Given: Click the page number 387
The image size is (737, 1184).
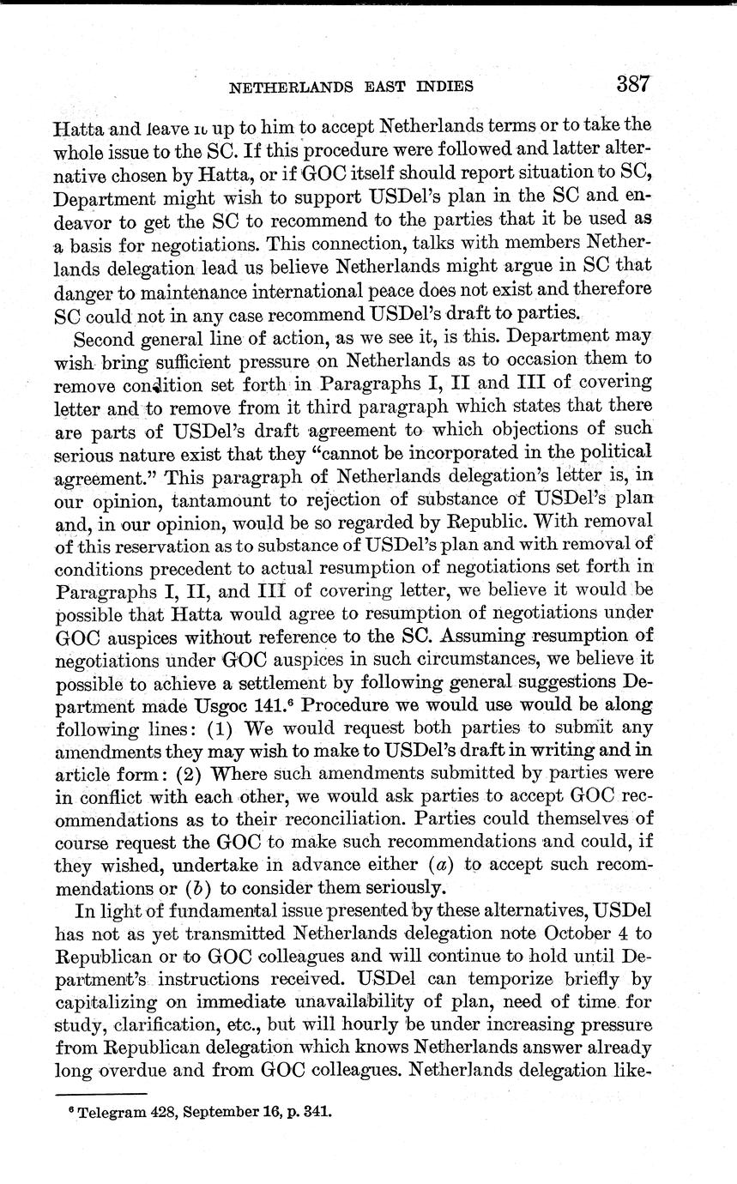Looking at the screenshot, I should [x=632, y=84].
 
